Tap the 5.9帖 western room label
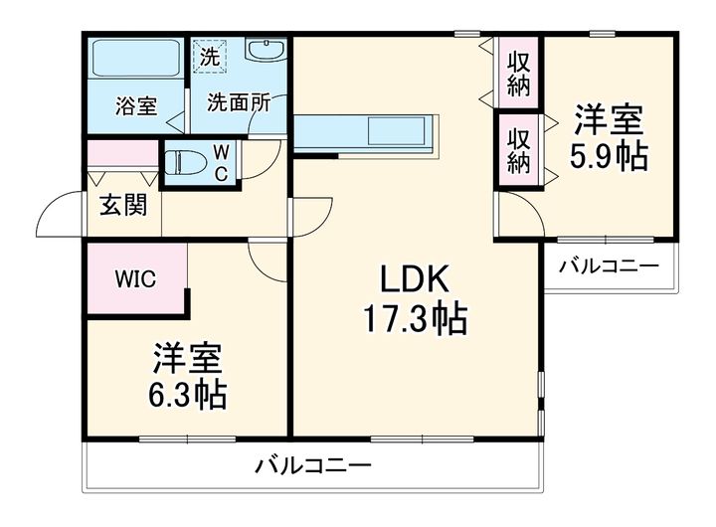pyautogui.click(x=608, y=138)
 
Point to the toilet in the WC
pyautogui.click(x=185, y=161)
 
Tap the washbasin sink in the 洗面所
pyautogui.click(x=265, y=52)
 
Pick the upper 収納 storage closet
pyautogui.click(x=518, y=73)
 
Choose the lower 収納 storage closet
pyautogui.click(x=518, y=149)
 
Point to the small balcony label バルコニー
pyautogui.click(x=608, y=266)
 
